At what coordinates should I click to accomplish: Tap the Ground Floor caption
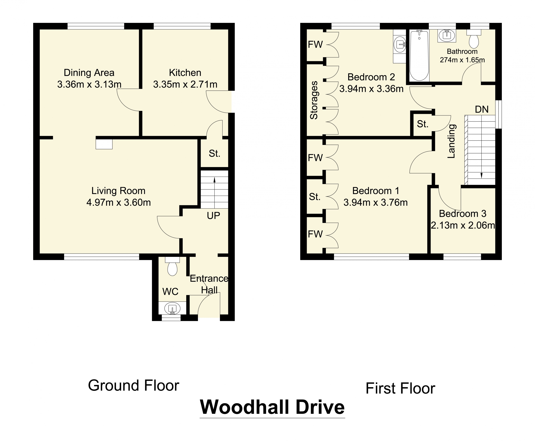[x=134, y=385]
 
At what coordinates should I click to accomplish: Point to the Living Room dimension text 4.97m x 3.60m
[x=119, y=202]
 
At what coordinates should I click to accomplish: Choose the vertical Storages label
[x=314, y=100]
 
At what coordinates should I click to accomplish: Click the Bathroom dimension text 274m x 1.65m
[x=462, y=60]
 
